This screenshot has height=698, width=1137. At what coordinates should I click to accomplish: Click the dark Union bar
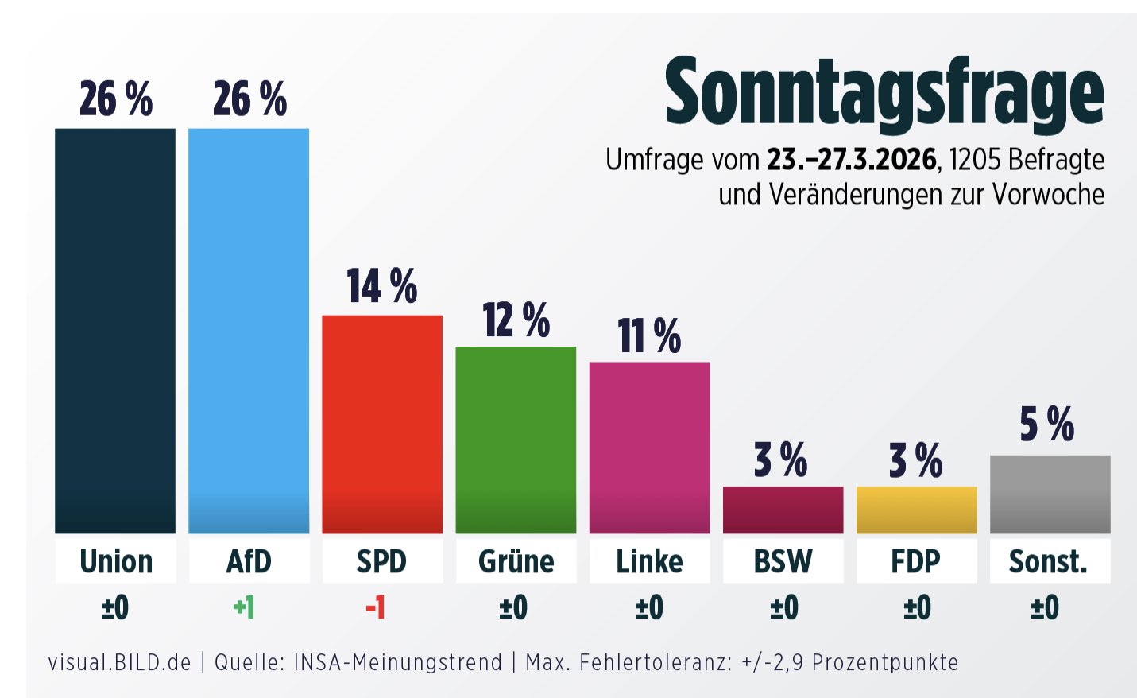pos(115,330)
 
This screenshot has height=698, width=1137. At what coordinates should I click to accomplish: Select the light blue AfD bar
pos(249,330)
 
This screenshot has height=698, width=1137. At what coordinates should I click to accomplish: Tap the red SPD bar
pos(382,424)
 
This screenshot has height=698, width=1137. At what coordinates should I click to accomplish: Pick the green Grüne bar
pos(516,440)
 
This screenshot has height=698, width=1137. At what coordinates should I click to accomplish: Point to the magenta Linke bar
pos(649,448)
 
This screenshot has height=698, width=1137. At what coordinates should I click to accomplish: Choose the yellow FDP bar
pos(916,510)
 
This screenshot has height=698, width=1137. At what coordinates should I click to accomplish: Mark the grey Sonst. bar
pos(1050,494)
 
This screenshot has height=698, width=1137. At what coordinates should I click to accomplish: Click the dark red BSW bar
pos(783,510)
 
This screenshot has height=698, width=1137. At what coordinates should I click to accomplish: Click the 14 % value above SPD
pos(382,286)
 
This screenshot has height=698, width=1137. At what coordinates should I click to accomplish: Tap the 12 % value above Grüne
pos(516,320)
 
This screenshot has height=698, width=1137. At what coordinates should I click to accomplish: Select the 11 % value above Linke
pos(649,335)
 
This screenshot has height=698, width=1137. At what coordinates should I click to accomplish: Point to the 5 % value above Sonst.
pos(1047,424)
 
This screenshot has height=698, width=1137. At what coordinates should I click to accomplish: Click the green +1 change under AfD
pos(244,608)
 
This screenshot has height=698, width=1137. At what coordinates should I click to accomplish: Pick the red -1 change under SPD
pos(376,608)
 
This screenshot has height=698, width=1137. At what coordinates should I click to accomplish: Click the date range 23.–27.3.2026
pos(851,160)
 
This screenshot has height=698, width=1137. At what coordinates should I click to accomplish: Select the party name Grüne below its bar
pos(516,561)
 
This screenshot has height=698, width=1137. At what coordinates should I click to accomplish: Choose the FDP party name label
pos(916,561)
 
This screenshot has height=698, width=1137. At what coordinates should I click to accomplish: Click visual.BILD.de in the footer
pos(120,662)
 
